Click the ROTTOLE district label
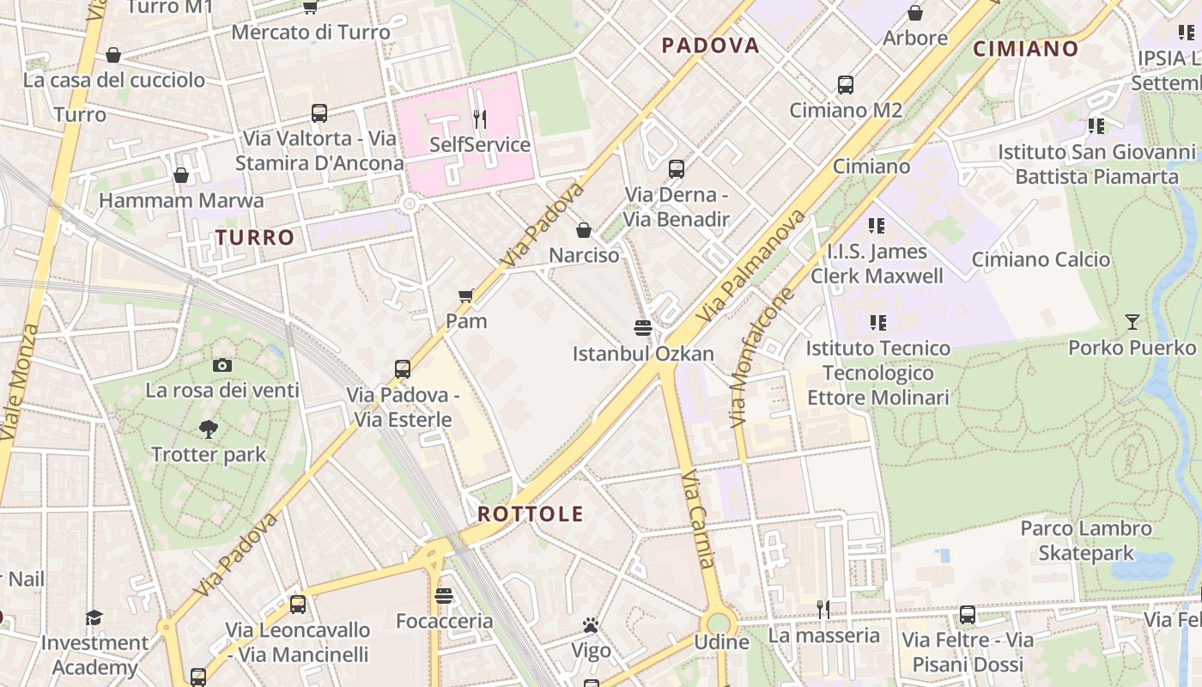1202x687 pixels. click(x=530, y=514)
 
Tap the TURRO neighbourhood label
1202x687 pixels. click(x=254, y=238)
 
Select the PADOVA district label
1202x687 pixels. click(x=711, y=46)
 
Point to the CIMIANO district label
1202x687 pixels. click(x=1025, y=49)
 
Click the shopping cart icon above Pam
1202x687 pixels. click(x=466, y=296)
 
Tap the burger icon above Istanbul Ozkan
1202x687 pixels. click(x=643, y=327)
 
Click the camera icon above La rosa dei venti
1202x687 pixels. click(x=222, y=365)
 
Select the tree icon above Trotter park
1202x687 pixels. click(x=208, y=429)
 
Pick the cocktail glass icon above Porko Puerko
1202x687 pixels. click(x=1132, y=322)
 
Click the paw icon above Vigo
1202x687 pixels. click(x=590, y=625)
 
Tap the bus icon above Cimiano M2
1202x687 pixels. click(x=846, y=85)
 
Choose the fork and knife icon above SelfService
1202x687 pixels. click(x=480, y=119)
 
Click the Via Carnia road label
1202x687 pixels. click(x=697, y=518)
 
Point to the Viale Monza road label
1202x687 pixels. click(x=19, y=382)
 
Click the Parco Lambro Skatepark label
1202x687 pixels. click(x=1086, y=540)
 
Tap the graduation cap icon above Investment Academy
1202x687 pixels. click(x=94, y=617)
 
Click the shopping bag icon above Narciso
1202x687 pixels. click(x=584, y=230)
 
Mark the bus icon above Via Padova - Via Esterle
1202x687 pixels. click(x=403, y=369)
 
